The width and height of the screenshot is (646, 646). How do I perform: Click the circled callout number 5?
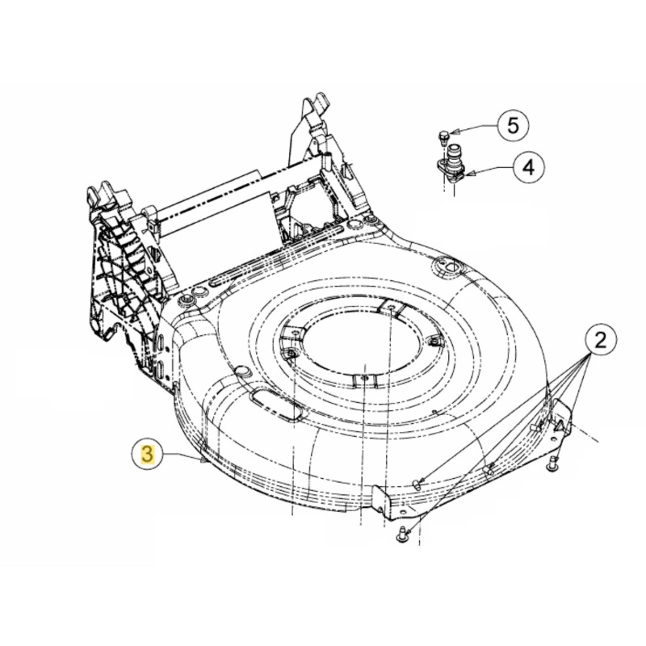(x=514, y=125)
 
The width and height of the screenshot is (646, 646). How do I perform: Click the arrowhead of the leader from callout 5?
(x=453, y=131)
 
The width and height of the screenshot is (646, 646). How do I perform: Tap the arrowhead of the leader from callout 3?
(x=202, y=461)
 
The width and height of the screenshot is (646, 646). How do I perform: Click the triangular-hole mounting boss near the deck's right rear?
(x=447, y=264)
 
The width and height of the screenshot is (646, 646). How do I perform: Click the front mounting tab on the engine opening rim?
(x=363, y=378)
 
